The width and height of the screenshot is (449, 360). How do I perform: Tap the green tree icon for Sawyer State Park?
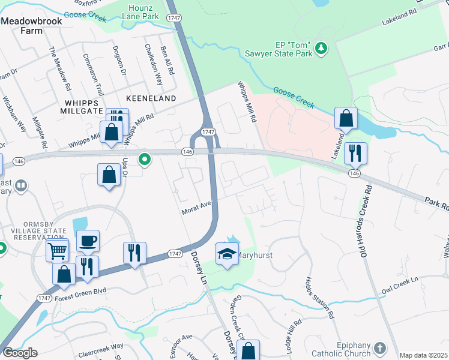pos(321,47)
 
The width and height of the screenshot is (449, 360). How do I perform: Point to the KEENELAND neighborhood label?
pos(151,98)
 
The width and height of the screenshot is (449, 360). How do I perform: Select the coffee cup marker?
pos(88,241)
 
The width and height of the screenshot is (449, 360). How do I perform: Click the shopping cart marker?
pos(57,250)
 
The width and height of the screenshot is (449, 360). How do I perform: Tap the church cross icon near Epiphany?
pos(379,347)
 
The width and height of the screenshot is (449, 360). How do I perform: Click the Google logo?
pos(19,353)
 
